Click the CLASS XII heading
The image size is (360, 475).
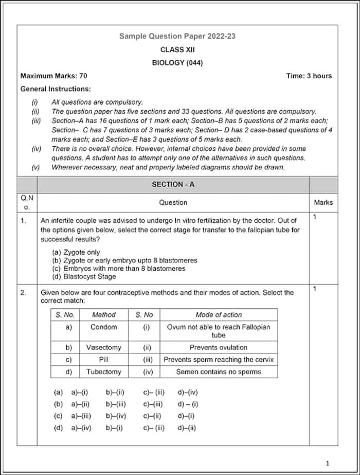pos(177,50)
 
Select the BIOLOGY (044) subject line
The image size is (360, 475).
pos(177,63)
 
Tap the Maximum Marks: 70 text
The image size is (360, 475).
pos(53,76)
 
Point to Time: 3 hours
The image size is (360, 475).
pos(309,76)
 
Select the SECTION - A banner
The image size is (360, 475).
pos(173,184)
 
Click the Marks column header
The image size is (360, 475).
pos(323,203)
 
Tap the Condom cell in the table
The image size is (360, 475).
pos(104,327)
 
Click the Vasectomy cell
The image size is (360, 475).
pos(104,347)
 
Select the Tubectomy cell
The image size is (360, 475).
pos(104,372)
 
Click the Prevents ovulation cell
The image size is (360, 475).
pos(218,347)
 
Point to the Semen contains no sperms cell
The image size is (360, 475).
pos(218,372)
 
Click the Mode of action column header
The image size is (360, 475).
pos(218,315)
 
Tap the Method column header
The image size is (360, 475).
pos(104,315)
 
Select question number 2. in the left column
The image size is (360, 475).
pos(24,293)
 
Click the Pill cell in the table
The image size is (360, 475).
pos(104,360)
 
